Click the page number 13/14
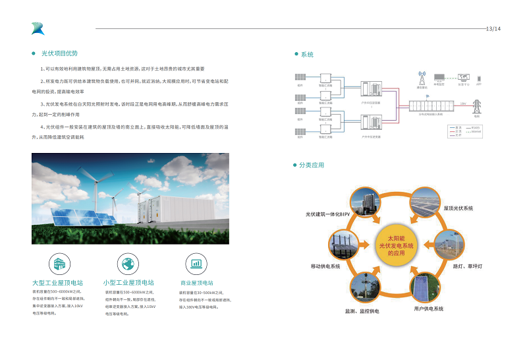(x=493, y=29)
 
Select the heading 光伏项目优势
(x=59, y=53)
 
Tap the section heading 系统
(x=307, y=54)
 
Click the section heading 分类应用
(x=312, y=165)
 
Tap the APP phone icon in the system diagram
(x=479, y=78)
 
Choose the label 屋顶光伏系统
(x=458, y=208)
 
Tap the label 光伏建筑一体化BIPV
(x=327, y=214)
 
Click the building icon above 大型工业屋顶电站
(x=57, y=263)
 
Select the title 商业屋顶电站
(x=196, y=282)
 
